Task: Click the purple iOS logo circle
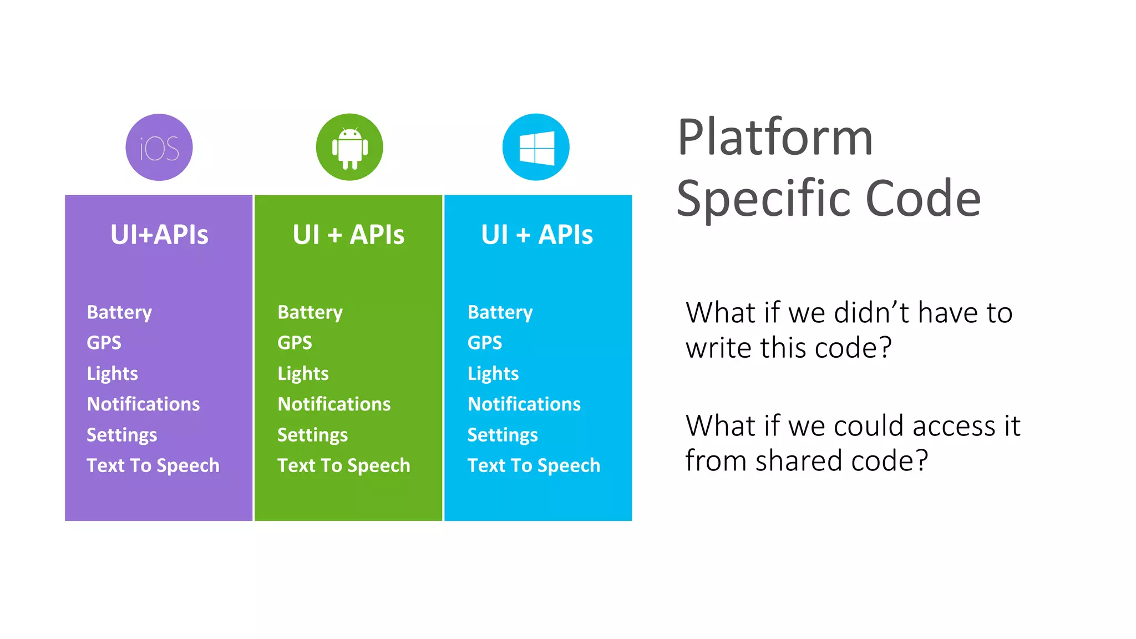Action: coord(159,148)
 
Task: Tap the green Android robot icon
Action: coord(349,148)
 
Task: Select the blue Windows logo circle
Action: coord(536,148)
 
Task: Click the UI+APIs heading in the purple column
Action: coord(159,235)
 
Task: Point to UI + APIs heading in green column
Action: coord(348,235)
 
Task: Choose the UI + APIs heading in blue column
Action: coord(537,235)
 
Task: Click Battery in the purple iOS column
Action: coord(119,312)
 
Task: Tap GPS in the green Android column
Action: coord(295,343)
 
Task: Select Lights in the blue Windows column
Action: coord(493,374)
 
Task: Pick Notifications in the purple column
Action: coord(143,404)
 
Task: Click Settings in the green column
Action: coord(312,435)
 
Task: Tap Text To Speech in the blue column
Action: coord(534,465)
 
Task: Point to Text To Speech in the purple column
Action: coord(153,465)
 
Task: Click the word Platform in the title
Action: coord(775,138)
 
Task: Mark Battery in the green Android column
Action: coord(310,312)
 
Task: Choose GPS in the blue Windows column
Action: coord(485,343)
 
